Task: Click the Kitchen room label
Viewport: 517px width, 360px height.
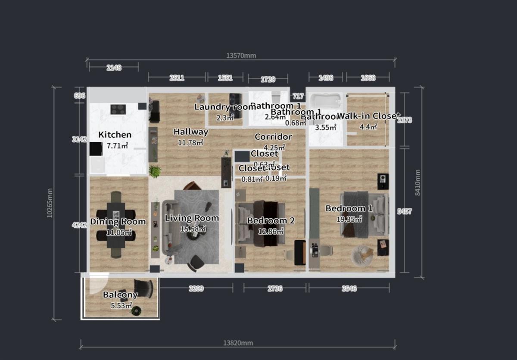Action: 115,135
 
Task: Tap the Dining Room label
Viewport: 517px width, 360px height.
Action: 118,222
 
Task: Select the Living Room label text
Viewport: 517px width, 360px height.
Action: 192,218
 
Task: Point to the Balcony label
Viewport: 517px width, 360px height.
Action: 120,295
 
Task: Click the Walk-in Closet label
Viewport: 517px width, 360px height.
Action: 368,116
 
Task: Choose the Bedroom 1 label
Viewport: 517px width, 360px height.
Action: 349,208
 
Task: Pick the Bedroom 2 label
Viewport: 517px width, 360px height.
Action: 271,220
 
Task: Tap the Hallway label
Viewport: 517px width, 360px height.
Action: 191,132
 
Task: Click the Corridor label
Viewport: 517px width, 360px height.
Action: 273,137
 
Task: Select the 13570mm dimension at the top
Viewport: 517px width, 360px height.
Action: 241,55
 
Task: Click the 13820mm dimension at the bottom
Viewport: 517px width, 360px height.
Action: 238,343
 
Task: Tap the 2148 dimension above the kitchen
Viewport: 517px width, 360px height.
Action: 114,67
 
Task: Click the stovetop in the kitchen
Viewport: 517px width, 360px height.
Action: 118,109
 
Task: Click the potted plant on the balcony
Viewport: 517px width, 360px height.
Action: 137,310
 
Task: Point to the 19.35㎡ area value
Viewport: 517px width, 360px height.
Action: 349,219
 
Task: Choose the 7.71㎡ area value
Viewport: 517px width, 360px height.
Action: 117,146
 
